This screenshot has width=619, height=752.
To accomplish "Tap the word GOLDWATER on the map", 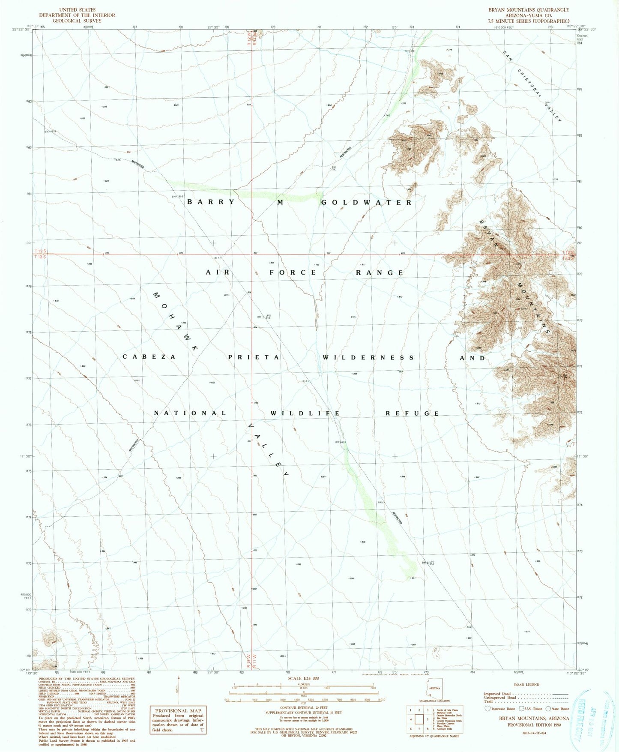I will click(366, 202).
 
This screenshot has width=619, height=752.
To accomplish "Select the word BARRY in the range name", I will click(211, 202).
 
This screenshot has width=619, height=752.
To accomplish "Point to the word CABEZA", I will click(149, 357).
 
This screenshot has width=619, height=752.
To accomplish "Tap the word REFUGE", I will click(412, 413).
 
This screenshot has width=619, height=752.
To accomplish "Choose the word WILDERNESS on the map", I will click(368, 357).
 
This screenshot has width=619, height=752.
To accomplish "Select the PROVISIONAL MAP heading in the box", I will click(174, 710).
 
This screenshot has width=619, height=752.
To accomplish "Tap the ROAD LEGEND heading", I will click(527, 684).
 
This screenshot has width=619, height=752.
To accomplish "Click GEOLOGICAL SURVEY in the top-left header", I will click(77, 21).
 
